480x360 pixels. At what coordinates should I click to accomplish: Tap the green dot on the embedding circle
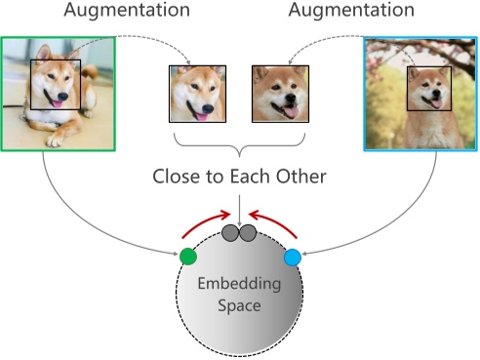click(188, 257)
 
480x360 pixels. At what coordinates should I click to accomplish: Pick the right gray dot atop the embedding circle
click(248, 232)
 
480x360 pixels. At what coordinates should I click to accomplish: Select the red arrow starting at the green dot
click(199, 225)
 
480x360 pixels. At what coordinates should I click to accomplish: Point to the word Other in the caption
click(300, 179)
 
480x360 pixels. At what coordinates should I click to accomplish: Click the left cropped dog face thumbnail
click(198, 94)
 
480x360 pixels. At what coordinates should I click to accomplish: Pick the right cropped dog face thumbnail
click(280, 94)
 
